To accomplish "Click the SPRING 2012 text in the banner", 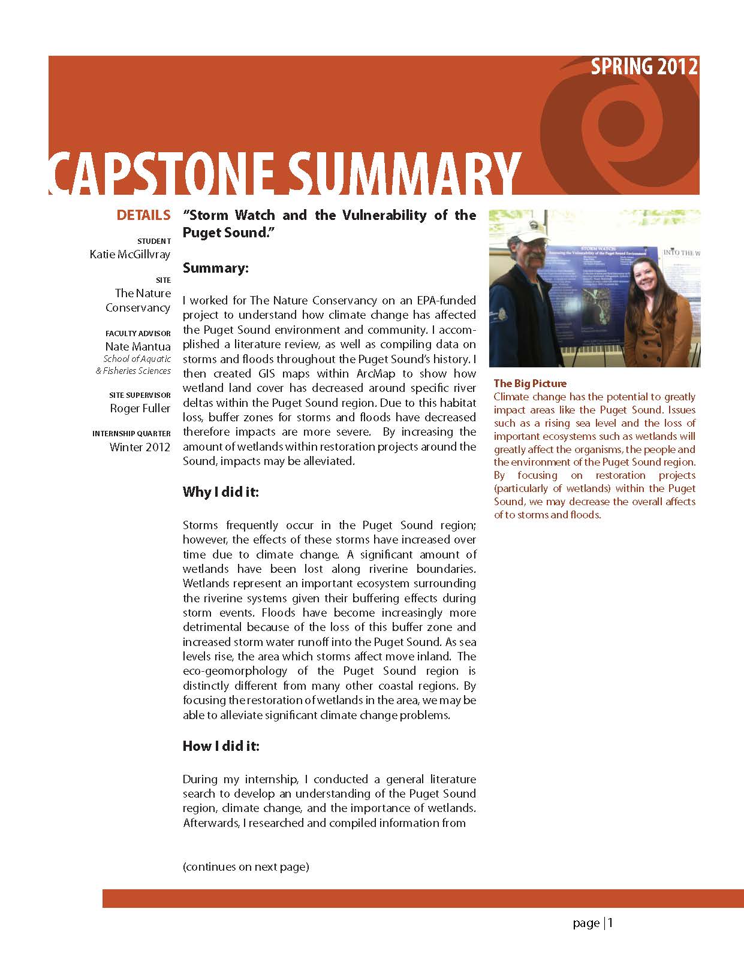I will point(644,67).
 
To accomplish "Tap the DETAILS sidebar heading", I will point(143,215).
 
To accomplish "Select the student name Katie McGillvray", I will point(130,254).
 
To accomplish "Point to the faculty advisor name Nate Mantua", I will point(138,346).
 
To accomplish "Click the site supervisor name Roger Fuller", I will point(140,408).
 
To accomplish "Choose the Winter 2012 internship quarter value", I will point(140,447).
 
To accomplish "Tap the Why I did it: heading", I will point(221,492).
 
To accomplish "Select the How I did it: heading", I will point(221,746).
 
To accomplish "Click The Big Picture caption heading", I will point(530,384).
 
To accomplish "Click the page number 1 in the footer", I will point(611,923).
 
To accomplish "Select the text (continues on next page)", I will point(246,867).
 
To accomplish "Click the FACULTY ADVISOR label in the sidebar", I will point(138,333).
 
